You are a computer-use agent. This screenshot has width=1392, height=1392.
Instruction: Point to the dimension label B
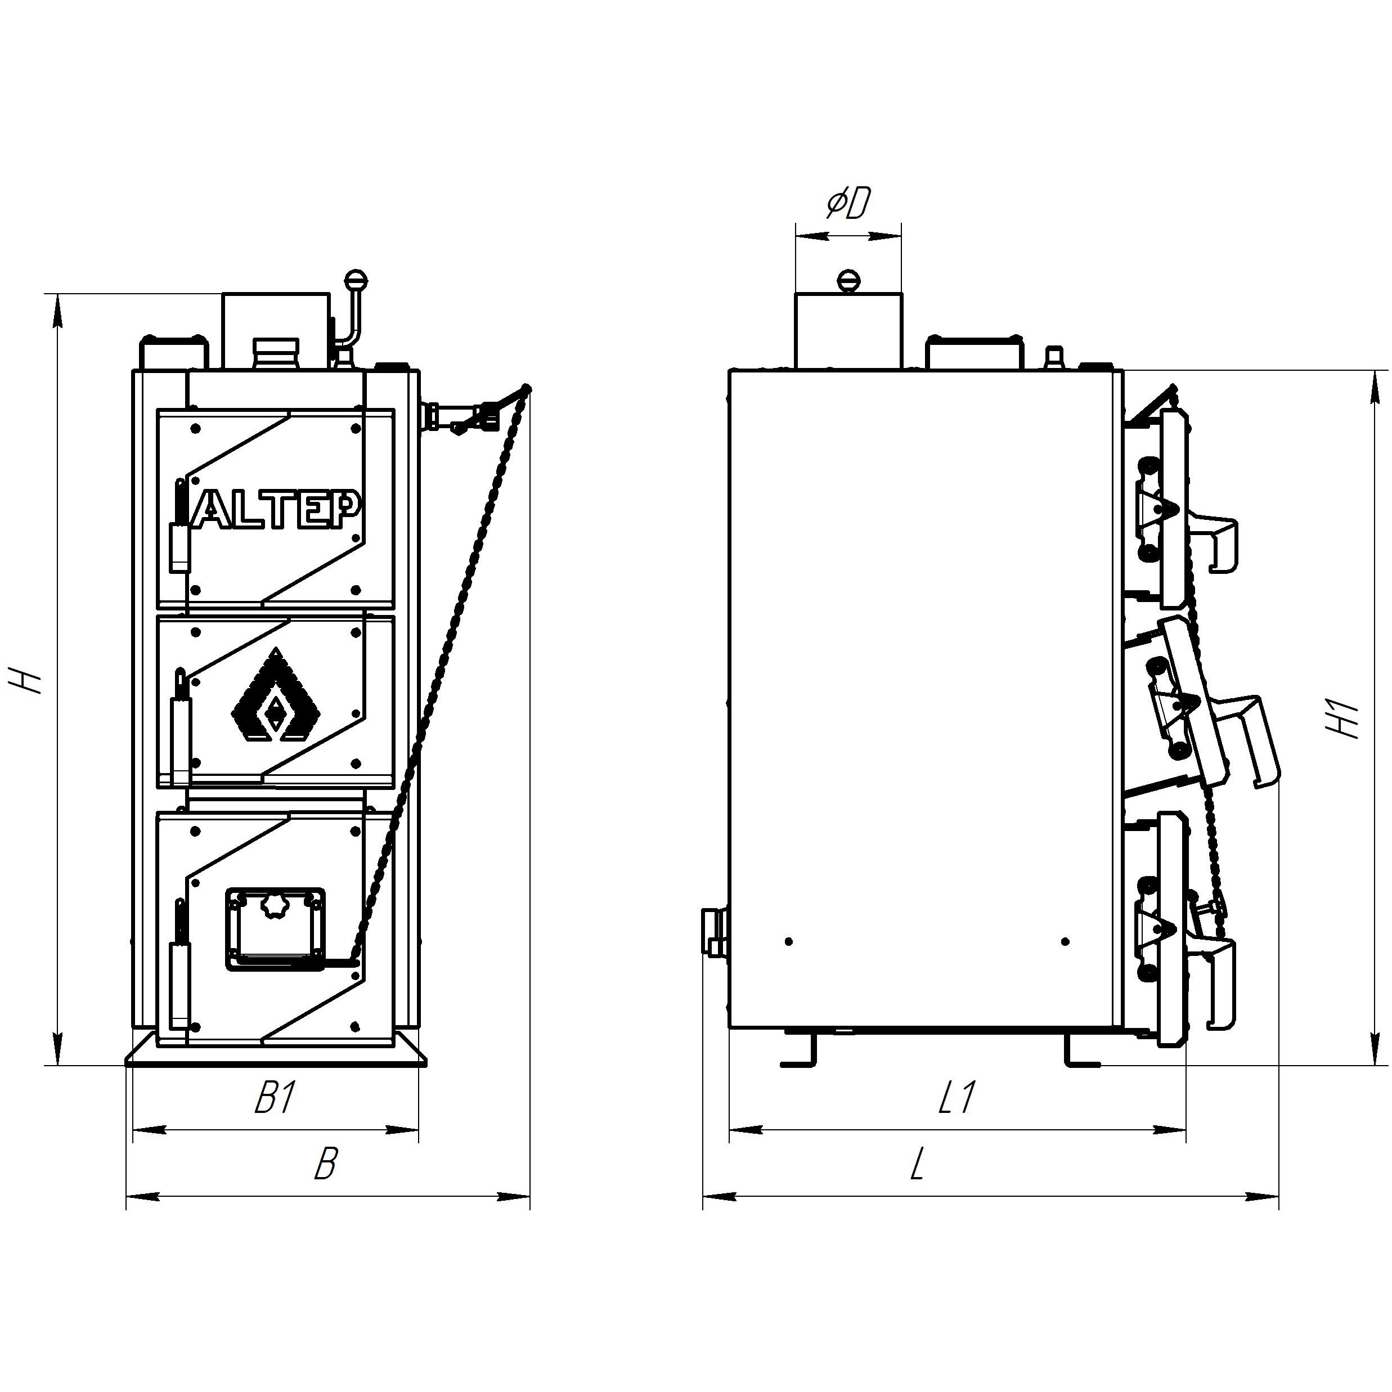(x=325, y=1164)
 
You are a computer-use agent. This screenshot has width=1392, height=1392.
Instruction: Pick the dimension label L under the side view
(x=917, y=1164)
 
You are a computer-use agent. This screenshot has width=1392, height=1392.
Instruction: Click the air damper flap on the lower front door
(x=275, y=930)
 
